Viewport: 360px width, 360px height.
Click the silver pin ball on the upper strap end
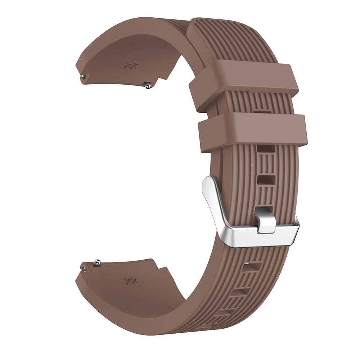tap(148, 86)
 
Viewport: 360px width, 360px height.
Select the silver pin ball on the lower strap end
tap(97, 262)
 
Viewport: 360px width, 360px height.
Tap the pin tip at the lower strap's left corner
tap(84, 269)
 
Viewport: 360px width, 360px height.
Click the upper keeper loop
tap(244, 88)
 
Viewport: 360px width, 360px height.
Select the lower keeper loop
tap(253, 132)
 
